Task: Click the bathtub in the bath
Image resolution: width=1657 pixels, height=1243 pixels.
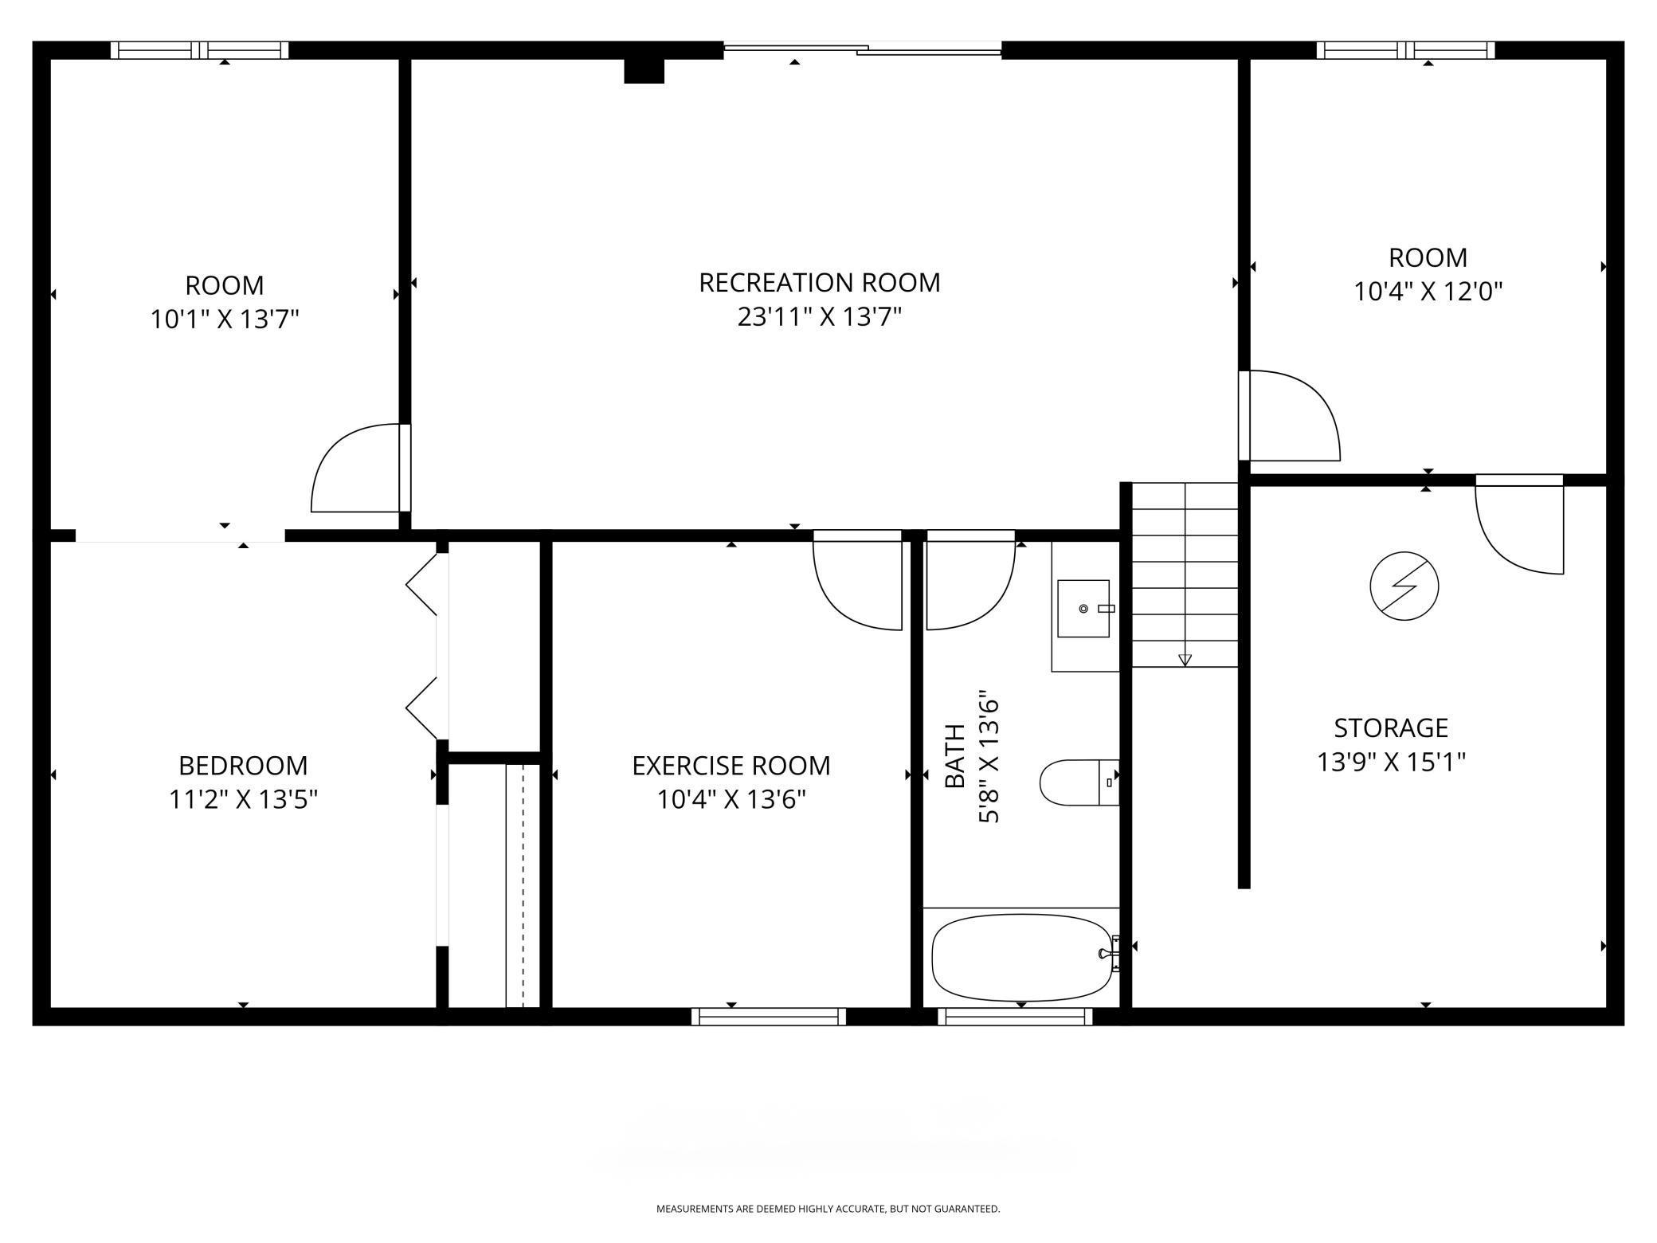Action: coord(1021,957)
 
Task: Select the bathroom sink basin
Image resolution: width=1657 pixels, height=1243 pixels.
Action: coord(1083,608)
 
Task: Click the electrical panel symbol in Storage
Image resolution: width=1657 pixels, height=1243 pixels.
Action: coord(1404,586)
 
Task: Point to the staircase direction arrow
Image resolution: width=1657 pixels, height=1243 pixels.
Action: coord(1185,659)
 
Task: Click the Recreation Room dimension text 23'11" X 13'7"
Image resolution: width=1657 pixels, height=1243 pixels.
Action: coord(819,317)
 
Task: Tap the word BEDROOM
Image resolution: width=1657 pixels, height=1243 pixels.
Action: coord(243,766)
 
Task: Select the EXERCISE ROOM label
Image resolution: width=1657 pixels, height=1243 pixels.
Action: coord(731,766)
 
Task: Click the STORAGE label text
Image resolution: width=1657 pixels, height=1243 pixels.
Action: coord(1391,727)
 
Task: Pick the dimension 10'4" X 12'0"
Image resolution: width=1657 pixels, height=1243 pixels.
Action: coord(1428,292)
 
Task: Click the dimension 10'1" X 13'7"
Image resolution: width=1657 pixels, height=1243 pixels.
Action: coord(225,320)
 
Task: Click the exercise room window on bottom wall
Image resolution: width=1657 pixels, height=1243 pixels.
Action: coord(769,1016)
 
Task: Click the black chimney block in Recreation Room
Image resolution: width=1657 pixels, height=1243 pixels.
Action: coord(644,71)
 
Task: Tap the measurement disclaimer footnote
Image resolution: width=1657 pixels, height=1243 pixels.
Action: coord(828,1209)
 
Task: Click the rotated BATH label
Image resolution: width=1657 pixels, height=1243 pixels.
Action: coord(954,755)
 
